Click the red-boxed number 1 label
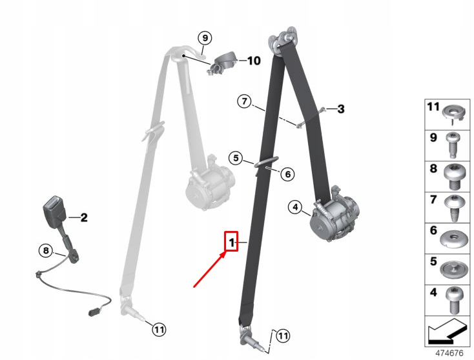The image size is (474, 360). point(231,241)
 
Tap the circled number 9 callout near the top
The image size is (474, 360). point(205,38)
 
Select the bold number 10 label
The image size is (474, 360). point(254,61)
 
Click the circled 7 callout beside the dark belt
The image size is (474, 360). point(244,101)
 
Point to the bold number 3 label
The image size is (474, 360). point(341,109)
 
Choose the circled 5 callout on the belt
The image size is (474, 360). point(236,158)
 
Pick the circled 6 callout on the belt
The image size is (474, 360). point(287,174)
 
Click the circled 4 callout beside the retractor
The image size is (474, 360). point(295,207)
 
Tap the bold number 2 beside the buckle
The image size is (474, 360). point(84,217)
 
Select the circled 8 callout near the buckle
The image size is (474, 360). point(46,250)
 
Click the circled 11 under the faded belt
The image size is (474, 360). point(159,329)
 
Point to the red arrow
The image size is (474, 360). point(210,270)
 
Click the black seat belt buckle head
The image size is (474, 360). point(54,209)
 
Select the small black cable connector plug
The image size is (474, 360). point(93,312)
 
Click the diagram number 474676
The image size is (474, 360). point(449,353)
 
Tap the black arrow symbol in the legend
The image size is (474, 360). point(446,332)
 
